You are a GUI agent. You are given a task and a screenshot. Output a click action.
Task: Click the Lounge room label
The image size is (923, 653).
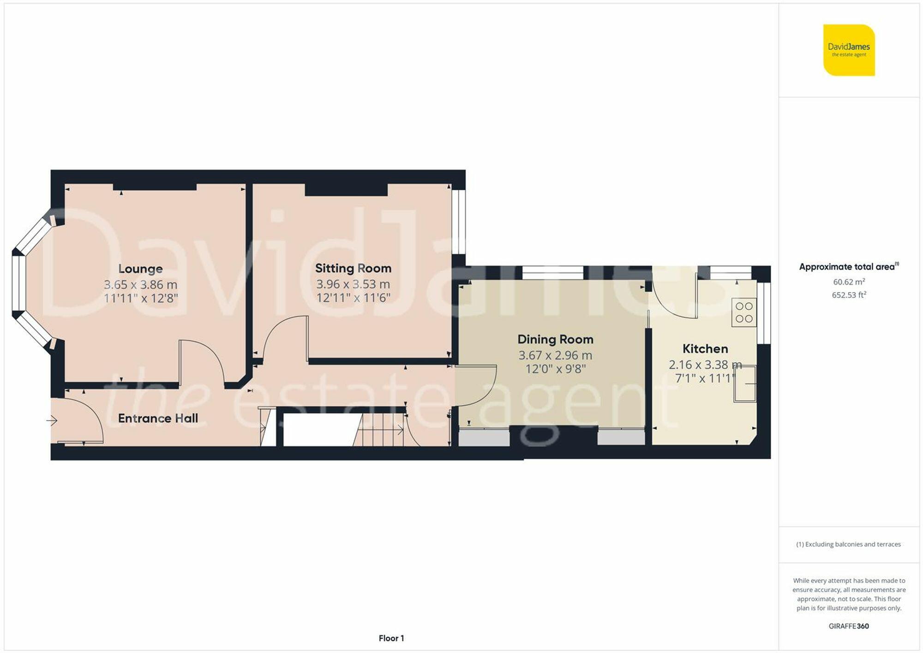(140, 269)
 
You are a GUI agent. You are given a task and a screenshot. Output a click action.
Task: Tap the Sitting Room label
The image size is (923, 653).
(353, 268)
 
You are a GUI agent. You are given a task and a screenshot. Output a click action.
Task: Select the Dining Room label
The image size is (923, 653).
(555, 340)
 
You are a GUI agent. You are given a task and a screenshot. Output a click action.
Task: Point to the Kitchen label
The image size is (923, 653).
(705, 349)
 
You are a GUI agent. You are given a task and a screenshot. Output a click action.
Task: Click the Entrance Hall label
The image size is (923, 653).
(158, 418)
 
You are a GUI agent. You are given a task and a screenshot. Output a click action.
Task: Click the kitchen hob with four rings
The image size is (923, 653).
(744, 312)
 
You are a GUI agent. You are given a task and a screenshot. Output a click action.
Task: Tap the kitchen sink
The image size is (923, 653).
(745, 383)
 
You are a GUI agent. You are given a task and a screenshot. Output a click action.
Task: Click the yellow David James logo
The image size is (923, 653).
(849, 50)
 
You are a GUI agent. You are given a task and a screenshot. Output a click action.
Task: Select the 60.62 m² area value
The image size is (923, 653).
(849, 282)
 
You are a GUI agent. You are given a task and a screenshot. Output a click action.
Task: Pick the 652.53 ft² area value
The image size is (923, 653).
(849, 295)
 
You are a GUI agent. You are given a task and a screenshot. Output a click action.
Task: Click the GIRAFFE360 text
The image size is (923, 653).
(849, 626)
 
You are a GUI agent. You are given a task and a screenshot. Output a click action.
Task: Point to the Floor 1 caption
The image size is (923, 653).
(391, 638)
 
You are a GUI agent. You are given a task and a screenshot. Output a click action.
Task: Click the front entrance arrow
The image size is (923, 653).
(51, 420)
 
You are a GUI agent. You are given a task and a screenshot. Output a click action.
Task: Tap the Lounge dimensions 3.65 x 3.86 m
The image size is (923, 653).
(140, 285)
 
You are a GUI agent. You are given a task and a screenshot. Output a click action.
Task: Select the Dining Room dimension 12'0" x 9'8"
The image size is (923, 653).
(555, 369)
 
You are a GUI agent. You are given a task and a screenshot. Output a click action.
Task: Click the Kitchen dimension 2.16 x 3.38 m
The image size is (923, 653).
(705, 365)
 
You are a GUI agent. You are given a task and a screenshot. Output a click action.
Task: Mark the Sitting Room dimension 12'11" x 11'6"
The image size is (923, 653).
(353, 298)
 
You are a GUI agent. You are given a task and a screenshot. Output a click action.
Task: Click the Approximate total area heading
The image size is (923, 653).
(849, 267)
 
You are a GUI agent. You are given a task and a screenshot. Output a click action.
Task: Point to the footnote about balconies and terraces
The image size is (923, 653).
(849, 545)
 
